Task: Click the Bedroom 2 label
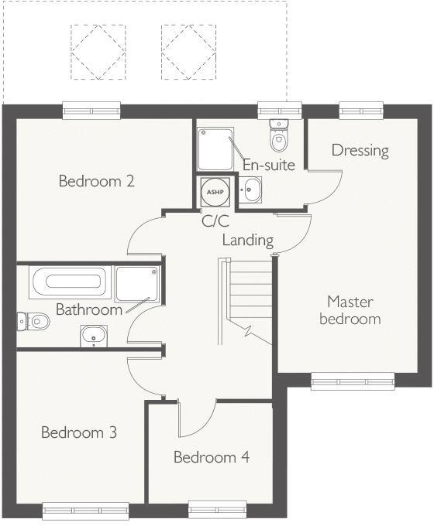(97, 182)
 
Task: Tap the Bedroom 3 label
(79, 432)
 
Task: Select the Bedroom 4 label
(211, 457)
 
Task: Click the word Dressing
(360, 150)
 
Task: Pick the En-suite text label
(269, 165)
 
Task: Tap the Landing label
(248, 240)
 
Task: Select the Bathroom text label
(88, 309)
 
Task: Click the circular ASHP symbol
(213, 190)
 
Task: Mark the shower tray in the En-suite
(215, 149)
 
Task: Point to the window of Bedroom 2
(92, 111)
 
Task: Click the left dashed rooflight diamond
(98, 53)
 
